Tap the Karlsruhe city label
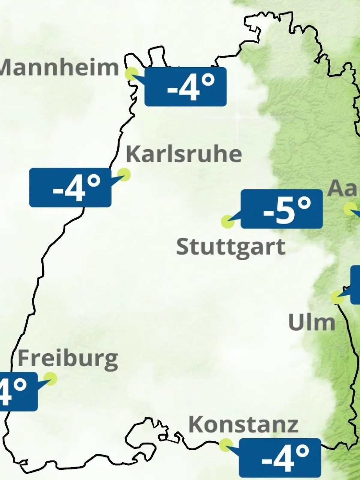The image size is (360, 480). [184, 154]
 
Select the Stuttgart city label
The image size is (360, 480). [230, 247]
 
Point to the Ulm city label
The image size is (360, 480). [312, 323]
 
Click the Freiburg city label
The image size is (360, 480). [68, 359]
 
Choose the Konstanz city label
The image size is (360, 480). [243, 424]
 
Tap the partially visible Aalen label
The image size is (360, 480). [344, 188]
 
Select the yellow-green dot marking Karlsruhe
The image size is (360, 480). [124, 174]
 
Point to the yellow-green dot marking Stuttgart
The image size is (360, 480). [227, 222]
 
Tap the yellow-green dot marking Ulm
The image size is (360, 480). [337, 297]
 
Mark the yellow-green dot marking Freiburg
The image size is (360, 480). [50, 378]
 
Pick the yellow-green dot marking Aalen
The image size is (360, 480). [350, 209]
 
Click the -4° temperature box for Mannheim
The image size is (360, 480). [185, 87]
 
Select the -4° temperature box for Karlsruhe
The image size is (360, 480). [70, 187]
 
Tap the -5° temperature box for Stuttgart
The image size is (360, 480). [282, 209]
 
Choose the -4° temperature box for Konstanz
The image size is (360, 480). [280, 457]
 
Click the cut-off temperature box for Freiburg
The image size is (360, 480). [18, 391]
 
